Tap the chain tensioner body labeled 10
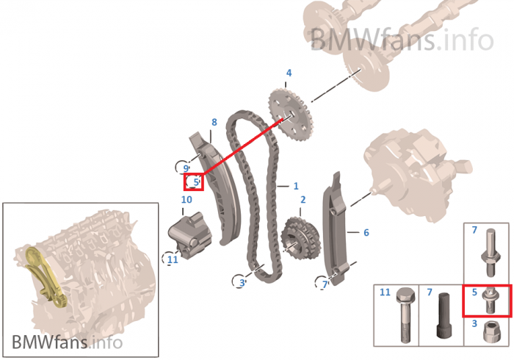tap(187, 231)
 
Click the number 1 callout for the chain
tap(295, 186)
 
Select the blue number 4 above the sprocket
tap(289, 73)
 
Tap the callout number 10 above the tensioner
tap(187, 199)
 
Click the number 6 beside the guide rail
tap(366, 232)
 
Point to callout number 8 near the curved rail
tap(214, 122)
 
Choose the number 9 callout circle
tap(186, 168)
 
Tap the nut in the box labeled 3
tap(488, 332)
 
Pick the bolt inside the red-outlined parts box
tap(488, 300)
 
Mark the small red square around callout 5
tap(194, 181)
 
